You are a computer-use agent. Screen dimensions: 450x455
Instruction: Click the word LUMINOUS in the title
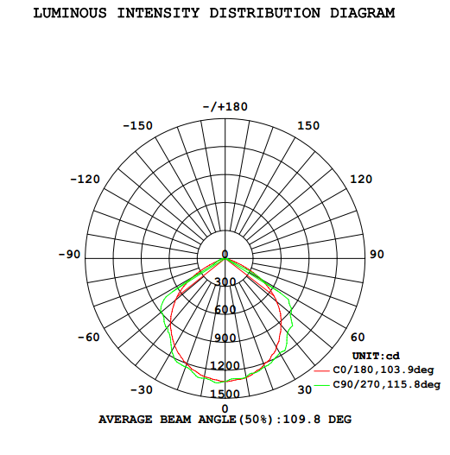tap(70, 13)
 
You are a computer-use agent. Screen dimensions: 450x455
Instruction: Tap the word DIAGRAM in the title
tap(362, 13)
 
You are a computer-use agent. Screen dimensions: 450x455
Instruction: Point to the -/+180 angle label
tap(225, 107)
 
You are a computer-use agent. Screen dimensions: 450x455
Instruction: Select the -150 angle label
tap(137, 126)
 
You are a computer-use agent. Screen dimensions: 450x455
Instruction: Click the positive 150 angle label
tap(308, 126)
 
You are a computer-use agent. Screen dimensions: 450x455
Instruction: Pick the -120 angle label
tap(85, 180)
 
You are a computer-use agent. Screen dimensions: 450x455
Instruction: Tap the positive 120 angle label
tap(361, 180)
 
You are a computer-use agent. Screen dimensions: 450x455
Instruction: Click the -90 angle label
tap(69, 255)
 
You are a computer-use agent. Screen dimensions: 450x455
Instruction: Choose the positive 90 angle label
tap(377, 255)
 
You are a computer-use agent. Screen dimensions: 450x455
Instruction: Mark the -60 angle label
tap(89, 338)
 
